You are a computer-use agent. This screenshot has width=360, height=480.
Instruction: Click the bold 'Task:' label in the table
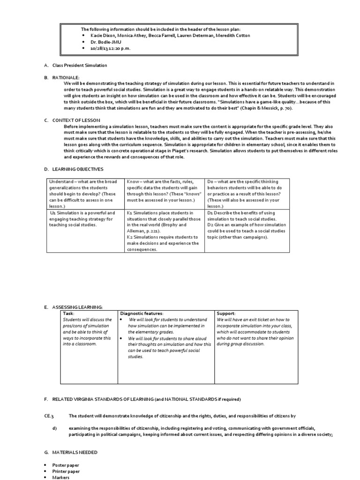pyautogui.click(x=69, y=313)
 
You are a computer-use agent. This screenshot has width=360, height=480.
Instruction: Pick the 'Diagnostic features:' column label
pyautogui.click(x=142, y=313)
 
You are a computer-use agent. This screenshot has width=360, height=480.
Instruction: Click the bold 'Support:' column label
pyautogui.click(x=226, y=313)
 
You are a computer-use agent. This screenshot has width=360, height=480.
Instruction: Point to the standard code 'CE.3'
pyautogui.click(x=50, y=416)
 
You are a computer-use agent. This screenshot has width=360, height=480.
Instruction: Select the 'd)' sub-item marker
pyautogui.click(x=54, y=428)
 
